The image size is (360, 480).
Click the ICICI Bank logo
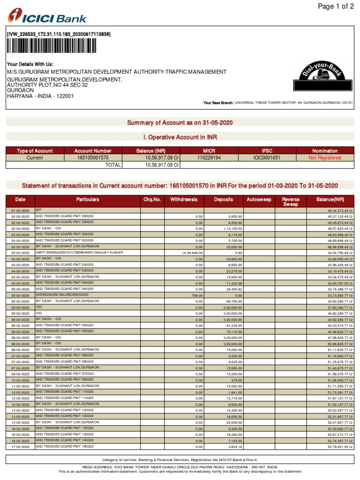pyautogui.click(x=47, y=17)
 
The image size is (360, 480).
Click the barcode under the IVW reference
pyautogui.click(x=52, y=46)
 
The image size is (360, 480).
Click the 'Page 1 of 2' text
pyautogui.click(x=336, y=6)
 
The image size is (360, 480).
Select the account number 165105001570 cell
pyautogui.click(x=93, y=158)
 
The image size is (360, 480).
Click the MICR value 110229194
pyautogui.click(x=210, y=158)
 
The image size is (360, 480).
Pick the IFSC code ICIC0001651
pyautogui.click(x=267, y=158)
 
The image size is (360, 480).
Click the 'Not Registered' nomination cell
pyautogui.click(x=325, y=158)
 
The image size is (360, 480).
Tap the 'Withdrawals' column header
pyautogui.click(x=184, y=200)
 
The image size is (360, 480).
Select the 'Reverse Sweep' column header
pyautogui.click(x=291, y=202)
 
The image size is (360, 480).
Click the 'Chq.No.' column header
pyautogui.click(x=152, y=200)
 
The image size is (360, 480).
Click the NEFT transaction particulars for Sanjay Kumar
pyautogui.click(x=79, y=252)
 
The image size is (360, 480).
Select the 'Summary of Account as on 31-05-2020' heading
pyautogui.click(x=180, y=123)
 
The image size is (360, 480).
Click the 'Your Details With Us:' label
pyautogui.click(x=30, y=64)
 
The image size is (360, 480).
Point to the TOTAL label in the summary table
pyautogui.click(x=113, y=165)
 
